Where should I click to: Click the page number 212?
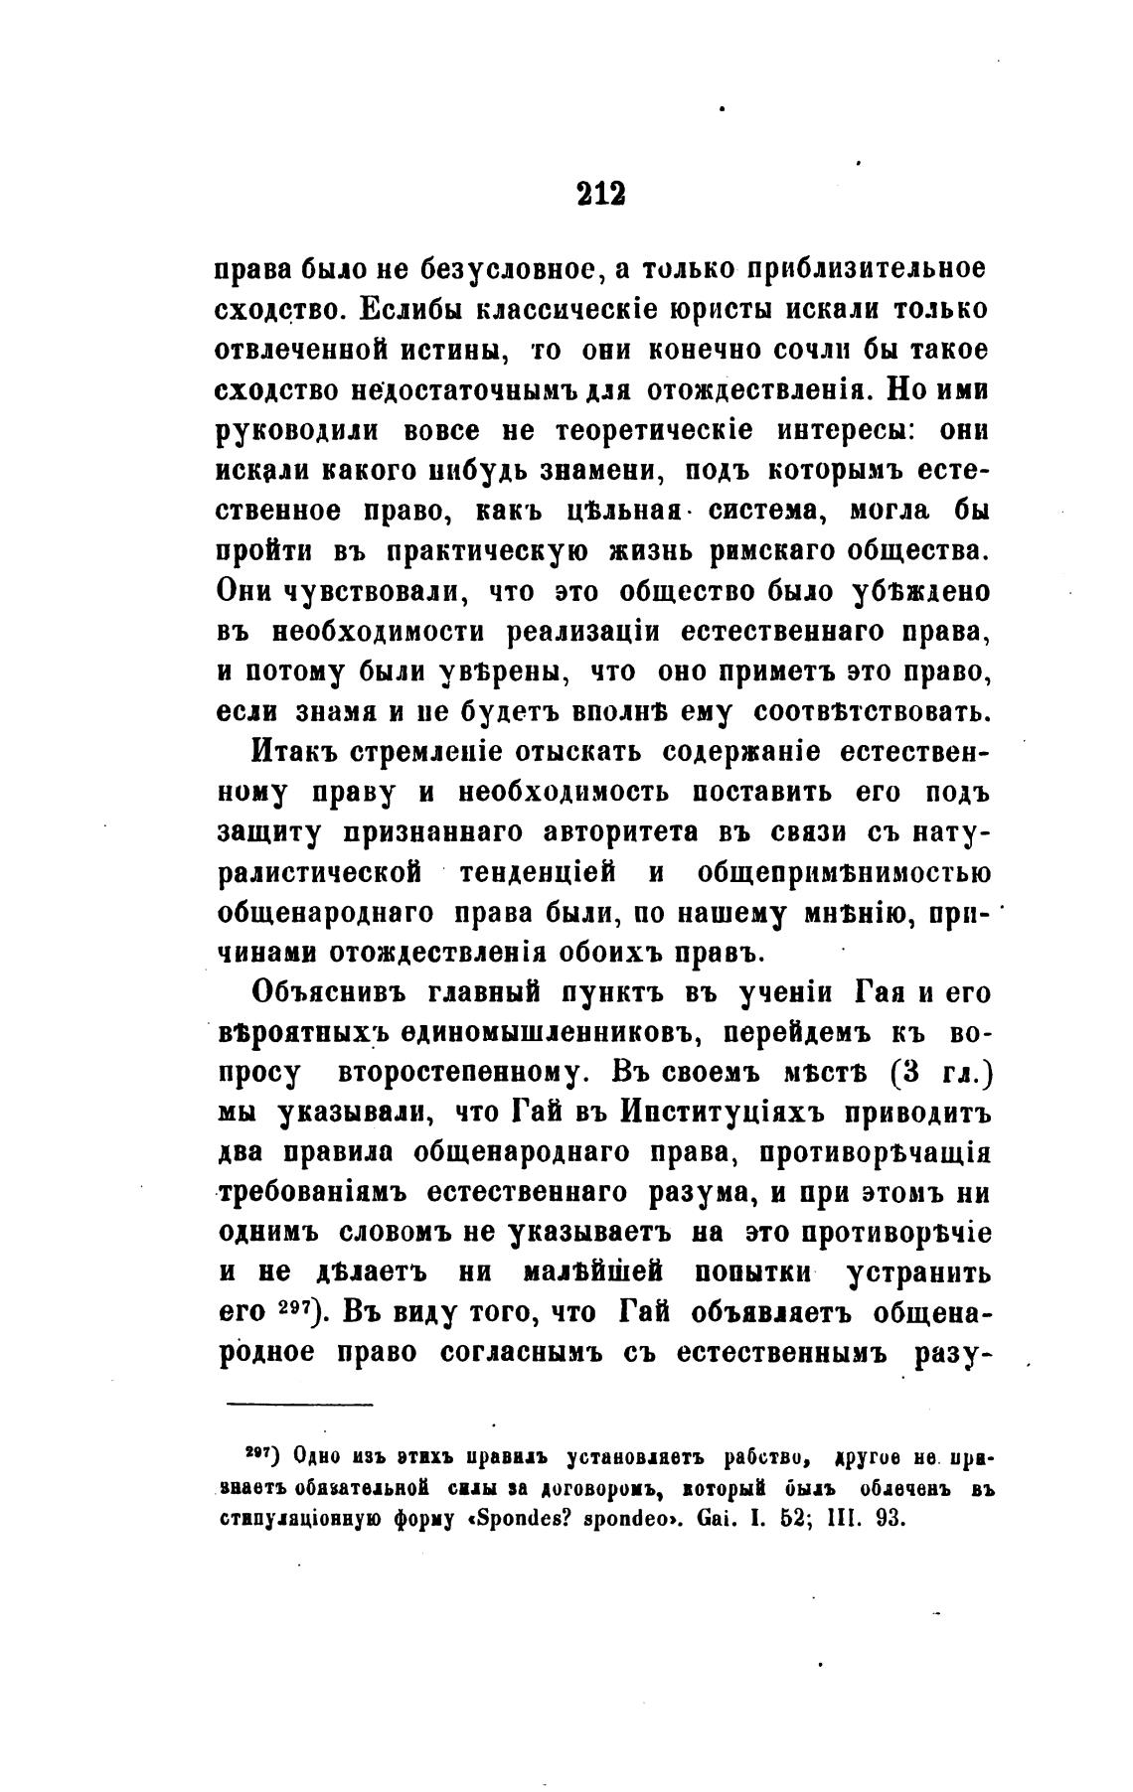coord(600,193)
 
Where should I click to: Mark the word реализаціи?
coord(579,632)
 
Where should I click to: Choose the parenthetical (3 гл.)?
coord(944,1073)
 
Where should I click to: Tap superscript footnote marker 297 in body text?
coord(295,1308)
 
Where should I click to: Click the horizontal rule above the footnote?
coord(299,1405)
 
